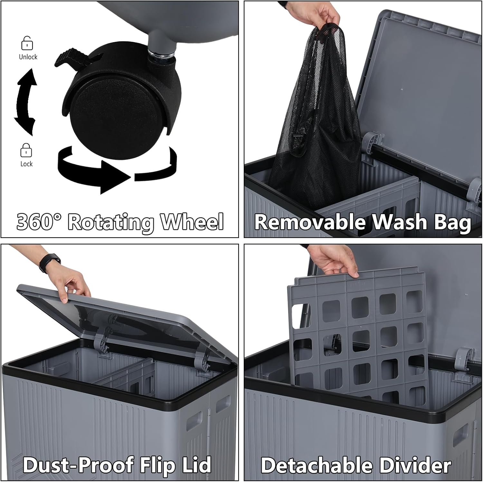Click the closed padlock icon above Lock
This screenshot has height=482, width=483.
[26, 150]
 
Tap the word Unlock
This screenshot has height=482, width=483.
[28, 57]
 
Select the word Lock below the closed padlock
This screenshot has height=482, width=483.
[26, 164]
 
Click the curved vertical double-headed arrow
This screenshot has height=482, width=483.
[25, 101]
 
